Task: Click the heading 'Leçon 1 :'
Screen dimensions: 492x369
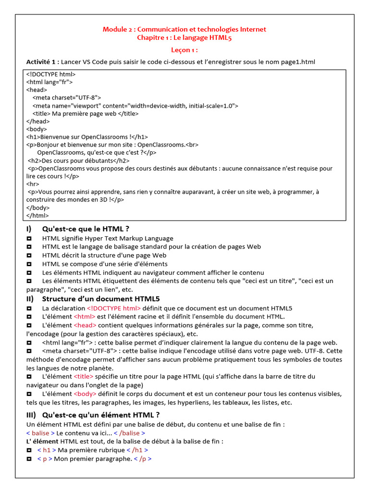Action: click(184, 50)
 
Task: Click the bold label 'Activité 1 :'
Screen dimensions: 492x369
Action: click(43, 62)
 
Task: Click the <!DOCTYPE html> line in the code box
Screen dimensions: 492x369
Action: click(51, 74)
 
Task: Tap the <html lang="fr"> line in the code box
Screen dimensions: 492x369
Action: click(49, 82)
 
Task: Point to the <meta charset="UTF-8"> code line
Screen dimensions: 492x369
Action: click(67, 98)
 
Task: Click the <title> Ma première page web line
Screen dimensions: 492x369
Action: click(86, 114)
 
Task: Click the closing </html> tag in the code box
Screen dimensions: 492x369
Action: click(37, 215)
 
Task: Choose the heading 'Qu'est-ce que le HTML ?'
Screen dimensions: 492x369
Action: click(86, 229)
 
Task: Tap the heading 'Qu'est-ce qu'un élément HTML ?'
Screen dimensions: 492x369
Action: click(101, 415)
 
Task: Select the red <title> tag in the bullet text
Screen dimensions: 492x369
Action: click(84, 377)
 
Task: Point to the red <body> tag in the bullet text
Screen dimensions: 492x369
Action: click(85, 394)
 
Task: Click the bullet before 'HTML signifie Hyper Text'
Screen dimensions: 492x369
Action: click(29, 238)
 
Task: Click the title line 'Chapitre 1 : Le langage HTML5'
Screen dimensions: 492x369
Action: click(184, 38)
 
